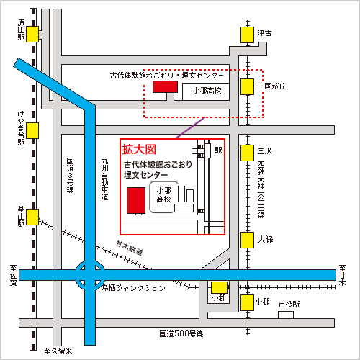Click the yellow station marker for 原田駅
33,34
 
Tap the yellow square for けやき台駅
33,130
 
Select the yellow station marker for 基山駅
33,217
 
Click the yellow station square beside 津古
248,34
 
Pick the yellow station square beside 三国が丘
248,86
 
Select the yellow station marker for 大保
248,238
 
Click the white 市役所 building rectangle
287,314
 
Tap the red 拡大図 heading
139,150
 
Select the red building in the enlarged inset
135,199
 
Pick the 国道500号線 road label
182,334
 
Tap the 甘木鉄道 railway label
130,250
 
